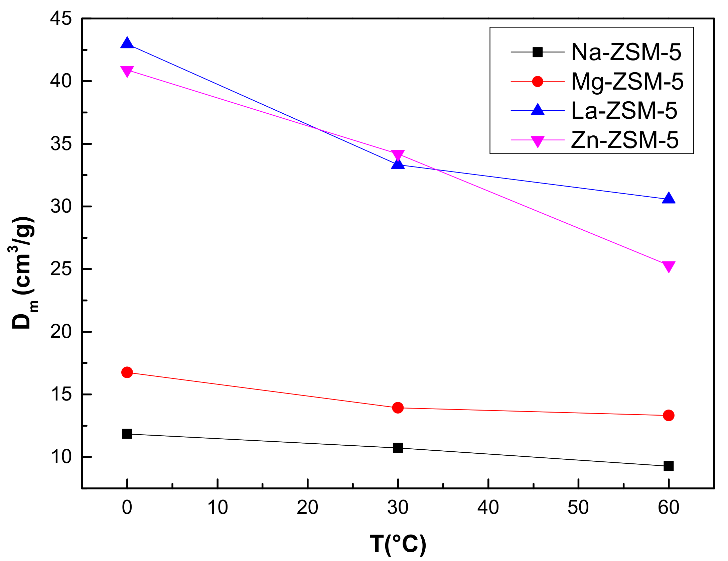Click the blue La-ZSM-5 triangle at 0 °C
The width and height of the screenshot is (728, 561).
pos(127,44)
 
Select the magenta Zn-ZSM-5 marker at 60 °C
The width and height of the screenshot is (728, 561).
pos(669,266)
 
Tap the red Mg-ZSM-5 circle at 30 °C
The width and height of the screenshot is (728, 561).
pos(398,408)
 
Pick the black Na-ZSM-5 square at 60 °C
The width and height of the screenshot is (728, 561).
pos(669,466)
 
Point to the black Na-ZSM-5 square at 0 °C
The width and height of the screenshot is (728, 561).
pos(127,434)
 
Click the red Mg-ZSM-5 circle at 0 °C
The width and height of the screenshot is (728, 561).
pos(127,372)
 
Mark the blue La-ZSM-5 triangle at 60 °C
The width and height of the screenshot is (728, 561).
pos(669,199)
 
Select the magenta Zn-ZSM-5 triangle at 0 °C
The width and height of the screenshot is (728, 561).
pos(127,71)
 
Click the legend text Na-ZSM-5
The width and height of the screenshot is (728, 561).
pos(626,52)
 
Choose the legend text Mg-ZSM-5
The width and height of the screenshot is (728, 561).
pos(627,82)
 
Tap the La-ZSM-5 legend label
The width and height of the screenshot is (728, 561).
pos(624,111)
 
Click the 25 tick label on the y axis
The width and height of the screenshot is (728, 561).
pos(61,269)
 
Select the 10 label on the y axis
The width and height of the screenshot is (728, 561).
pos(61,457)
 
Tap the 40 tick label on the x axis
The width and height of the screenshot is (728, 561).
pos(488,508)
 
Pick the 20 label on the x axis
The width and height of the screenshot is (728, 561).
pos(307,508)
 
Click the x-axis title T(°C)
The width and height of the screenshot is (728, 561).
pos(398,544)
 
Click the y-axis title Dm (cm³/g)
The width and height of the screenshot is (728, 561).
pos(23,272)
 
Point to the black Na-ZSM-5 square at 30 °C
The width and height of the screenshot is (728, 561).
pos(398,448)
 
